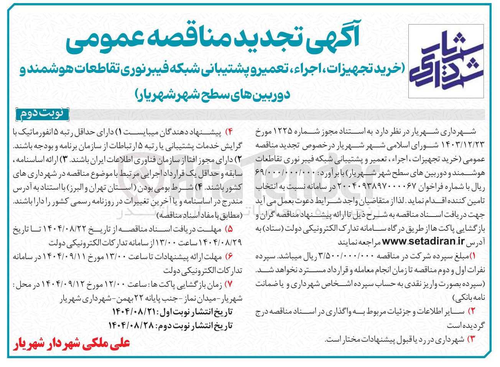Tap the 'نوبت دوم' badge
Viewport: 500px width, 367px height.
tap(42, 114)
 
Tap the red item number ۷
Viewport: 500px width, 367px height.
tap(229, 284)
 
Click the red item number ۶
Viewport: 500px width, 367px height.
tap(229, 256)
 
